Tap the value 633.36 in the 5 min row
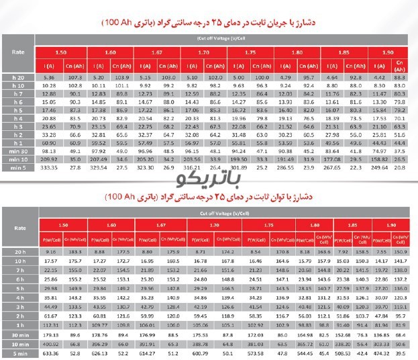(50, 351)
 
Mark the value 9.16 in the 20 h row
(50, 251)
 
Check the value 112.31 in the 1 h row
(50, 322)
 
